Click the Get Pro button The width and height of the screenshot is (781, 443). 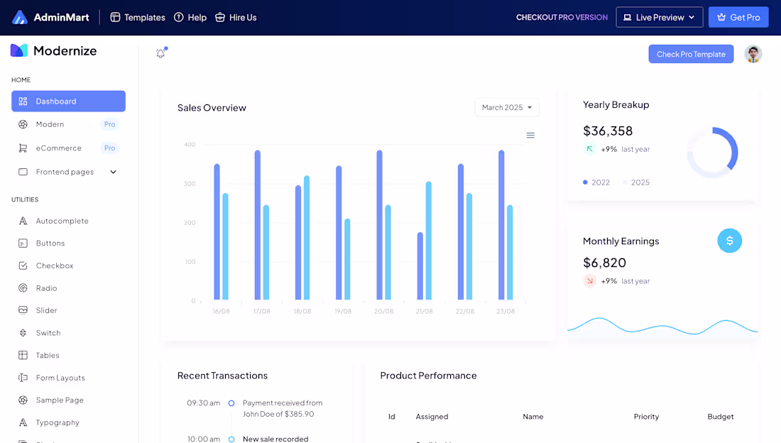[738, 17]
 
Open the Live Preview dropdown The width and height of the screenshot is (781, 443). [659, 17]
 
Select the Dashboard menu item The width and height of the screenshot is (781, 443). [68, 102]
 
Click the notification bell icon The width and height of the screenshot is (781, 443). [160, 53]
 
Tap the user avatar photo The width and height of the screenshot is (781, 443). [753, 54]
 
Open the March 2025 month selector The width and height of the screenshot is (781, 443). [507, 107]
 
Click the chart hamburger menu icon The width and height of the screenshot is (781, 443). [530, 135]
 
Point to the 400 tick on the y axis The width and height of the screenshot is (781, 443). [190, 145]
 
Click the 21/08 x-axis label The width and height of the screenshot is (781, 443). [425, 311]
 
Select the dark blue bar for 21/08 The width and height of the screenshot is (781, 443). [420, 266]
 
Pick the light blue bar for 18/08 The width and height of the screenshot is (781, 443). [307, 237]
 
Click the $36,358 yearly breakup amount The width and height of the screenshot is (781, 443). [608, 131]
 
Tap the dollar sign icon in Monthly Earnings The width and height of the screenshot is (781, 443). [730, 241]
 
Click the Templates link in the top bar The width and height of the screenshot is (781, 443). [138, 17]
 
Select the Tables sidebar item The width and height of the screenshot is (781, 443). [48, 355]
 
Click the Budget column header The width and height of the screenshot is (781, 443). [721, 417]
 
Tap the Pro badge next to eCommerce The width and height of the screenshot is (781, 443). [109, 148]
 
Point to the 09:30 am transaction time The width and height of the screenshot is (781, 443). [203, 403]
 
